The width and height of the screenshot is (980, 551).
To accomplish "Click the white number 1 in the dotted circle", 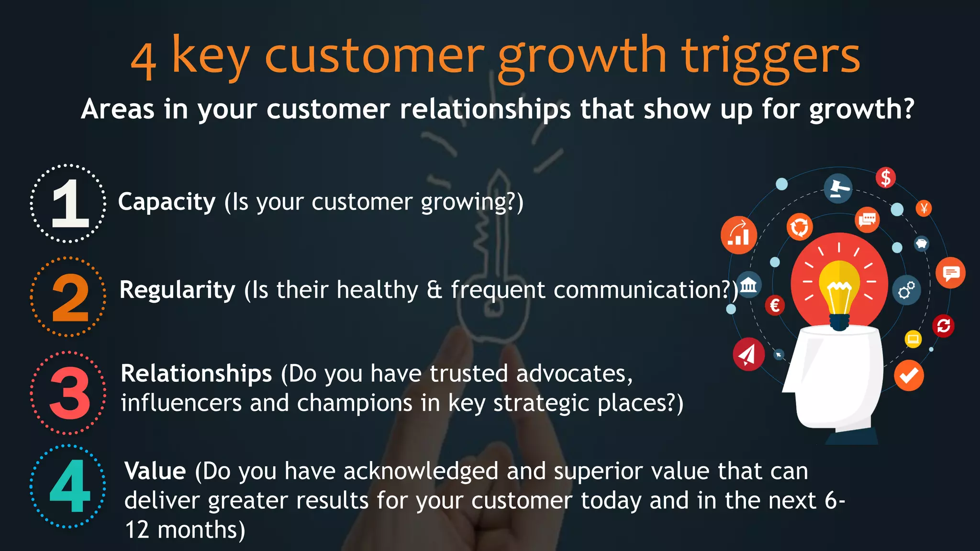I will (x=70, y=203).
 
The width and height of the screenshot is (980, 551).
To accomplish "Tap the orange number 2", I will (x=70, y=298).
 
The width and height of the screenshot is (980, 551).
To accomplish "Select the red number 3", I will (x=70, y=393).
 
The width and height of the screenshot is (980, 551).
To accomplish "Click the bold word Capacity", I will (x=167, y=201).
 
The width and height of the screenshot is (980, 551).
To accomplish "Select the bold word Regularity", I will (x=178, y=290).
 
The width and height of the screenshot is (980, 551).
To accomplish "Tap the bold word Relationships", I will (x=196, y=373).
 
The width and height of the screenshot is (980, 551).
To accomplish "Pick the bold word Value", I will (x=155, y=471).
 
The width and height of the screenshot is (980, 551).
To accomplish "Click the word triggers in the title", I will (x=771, y=57).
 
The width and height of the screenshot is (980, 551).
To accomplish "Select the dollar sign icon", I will (x=885, y=177).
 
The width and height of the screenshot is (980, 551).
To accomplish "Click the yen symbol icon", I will (x=924, y=208).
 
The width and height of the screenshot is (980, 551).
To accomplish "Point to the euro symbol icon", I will (x=775, y=305).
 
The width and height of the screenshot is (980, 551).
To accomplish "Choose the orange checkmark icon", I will (x=908, y=375).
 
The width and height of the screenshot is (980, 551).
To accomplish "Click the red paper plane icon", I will (x=748, y=354).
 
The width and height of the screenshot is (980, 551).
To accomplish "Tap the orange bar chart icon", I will (x=738, y=234).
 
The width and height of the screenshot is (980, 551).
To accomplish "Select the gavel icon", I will (x=838, y=188).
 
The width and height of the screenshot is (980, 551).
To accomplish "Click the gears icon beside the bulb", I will (x=906, y=290).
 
